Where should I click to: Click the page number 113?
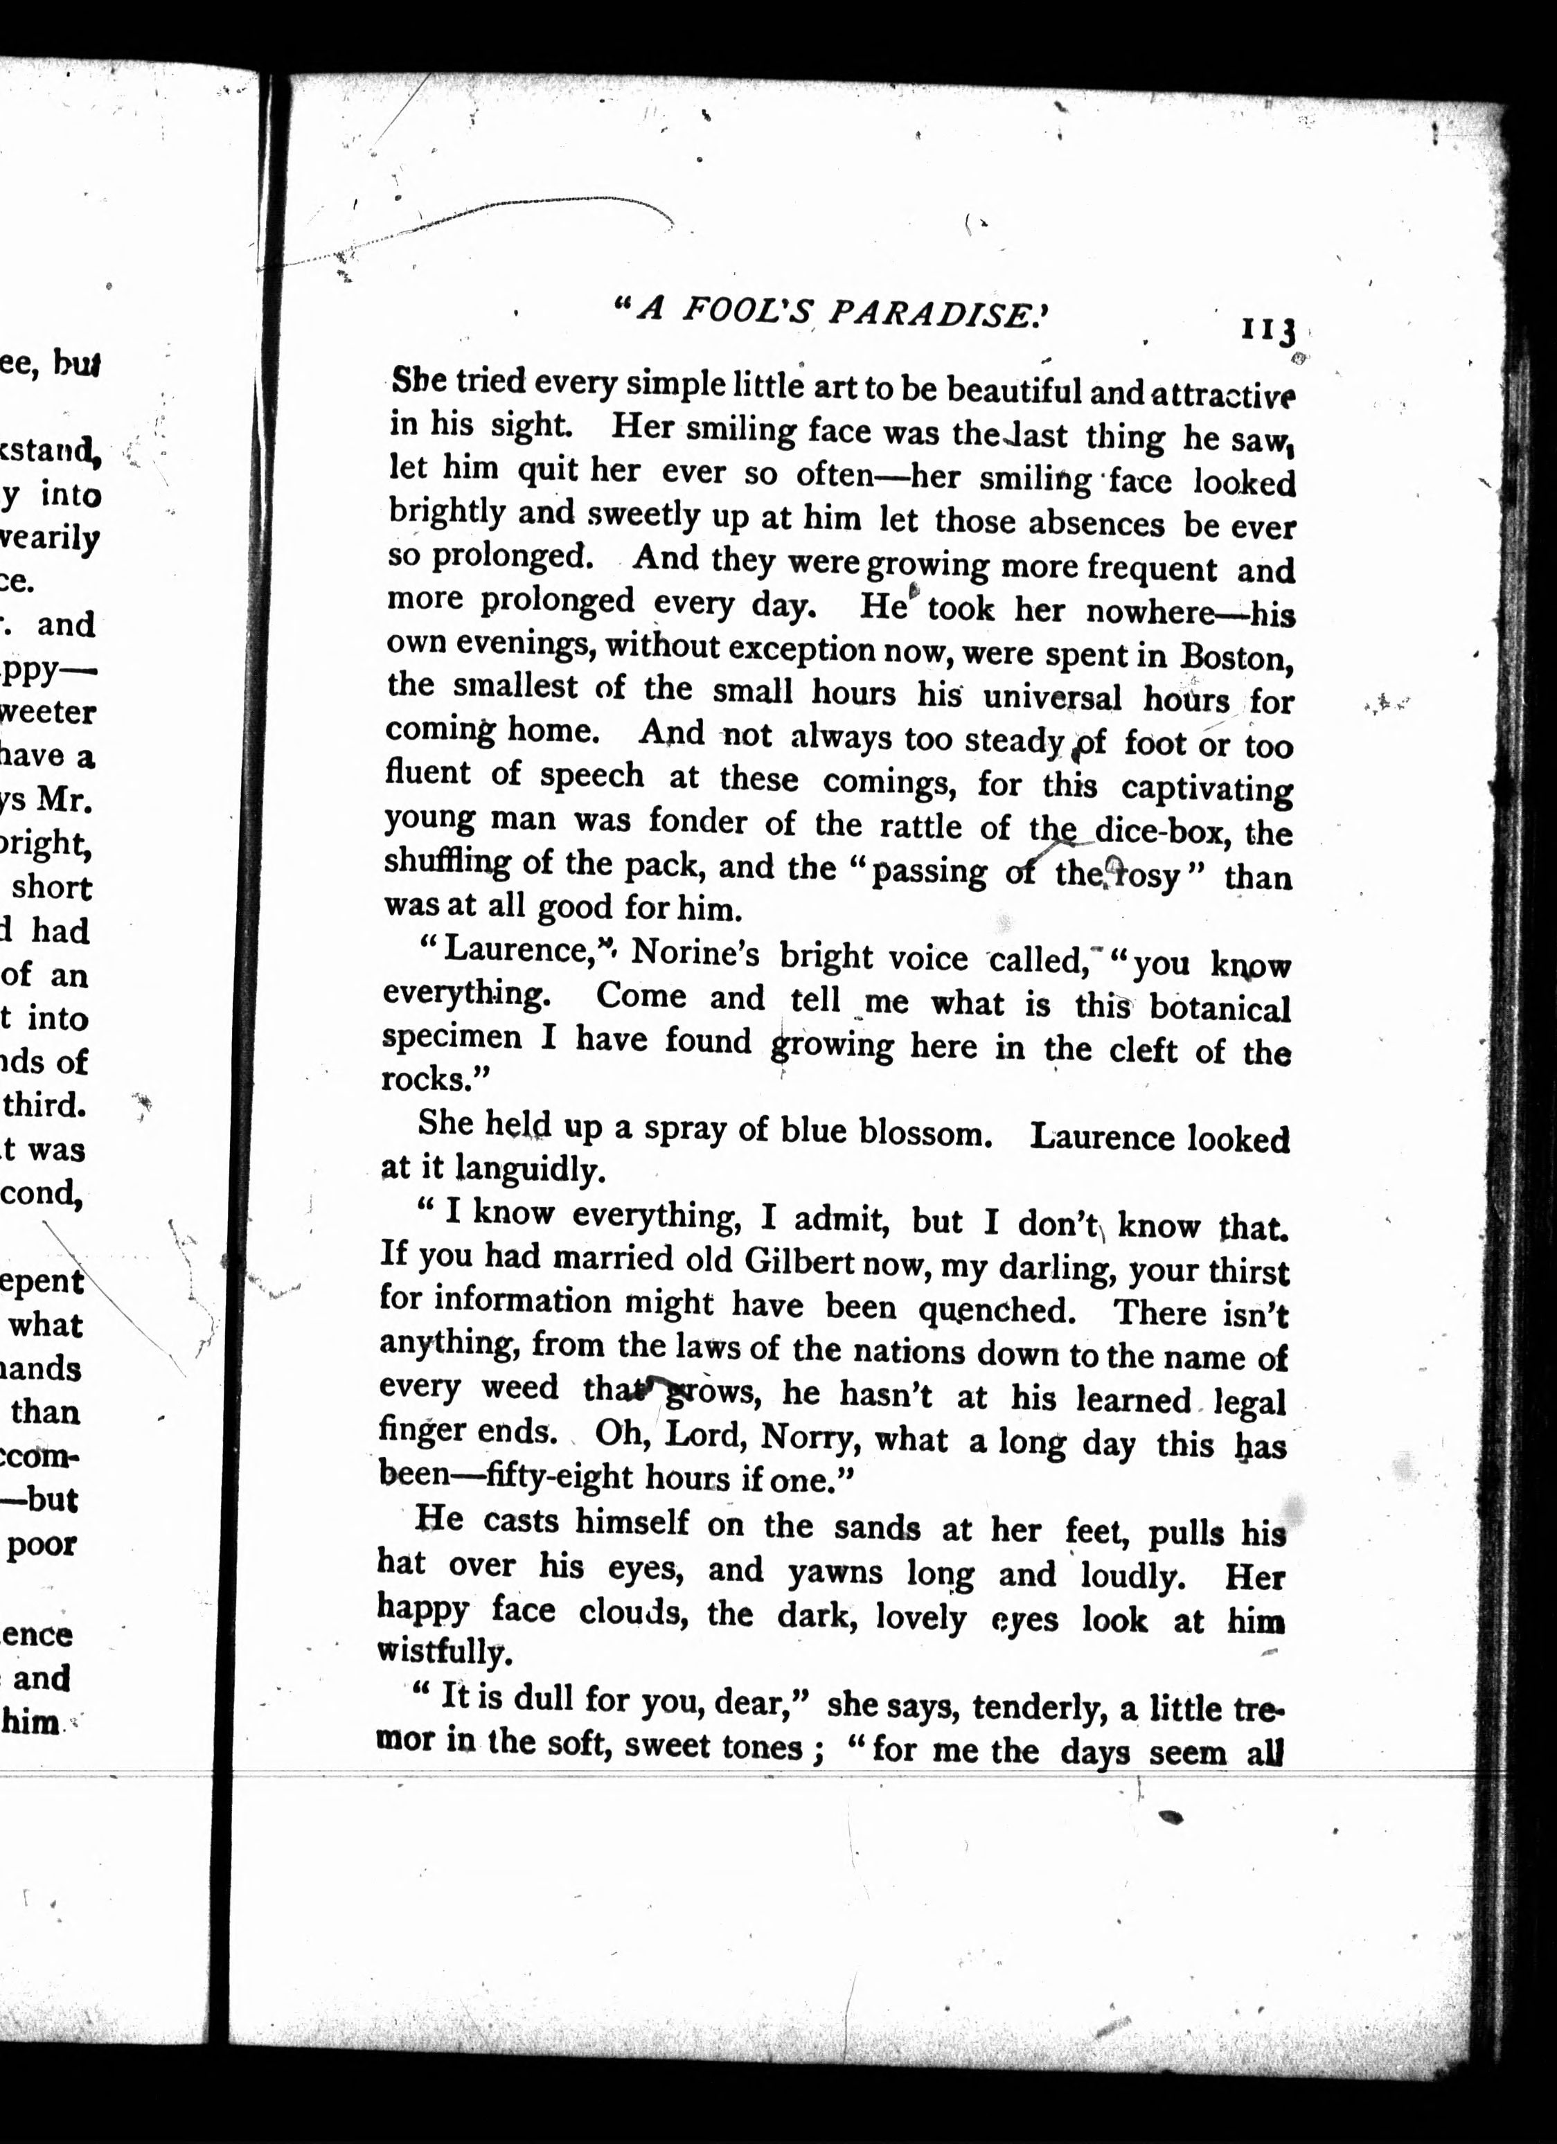(x=1267, y=331)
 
